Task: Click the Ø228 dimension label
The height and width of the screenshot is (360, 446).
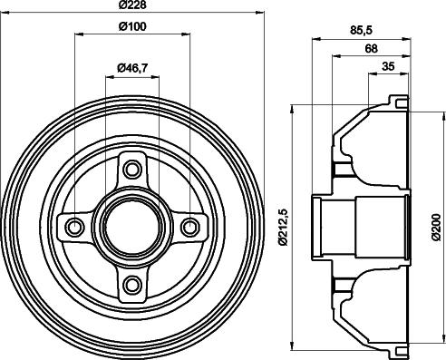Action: coord(132,5)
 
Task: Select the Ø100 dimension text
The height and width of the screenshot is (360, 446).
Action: coord(132,26)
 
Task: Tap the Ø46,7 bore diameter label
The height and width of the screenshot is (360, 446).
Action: coord(132,68)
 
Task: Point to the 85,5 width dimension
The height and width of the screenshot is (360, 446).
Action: coord(362,30)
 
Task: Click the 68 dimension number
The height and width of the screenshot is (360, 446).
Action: coord(371,48)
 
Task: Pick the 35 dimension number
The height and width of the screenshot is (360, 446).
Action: coord(388,66)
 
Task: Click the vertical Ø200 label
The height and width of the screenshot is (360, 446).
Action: coord(437,227)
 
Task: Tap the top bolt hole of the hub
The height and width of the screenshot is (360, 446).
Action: coord(132,170)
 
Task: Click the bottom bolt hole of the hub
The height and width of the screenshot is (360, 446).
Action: coord(132,284)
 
